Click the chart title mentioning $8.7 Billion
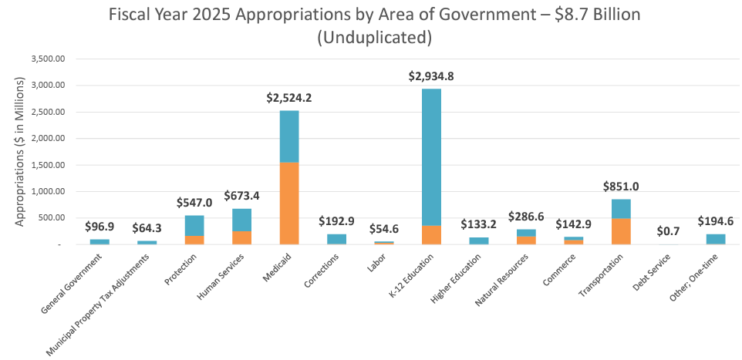coord(374,25)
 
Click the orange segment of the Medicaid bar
coord(289,204)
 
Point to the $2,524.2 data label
coord(289,98)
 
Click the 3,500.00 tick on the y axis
coord(48,59)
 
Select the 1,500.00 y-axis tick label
coord(48,165)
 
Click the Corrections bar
coord(336,239)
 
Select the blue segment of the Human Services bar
coord(242,220)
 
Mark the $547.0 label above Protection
coord(194,202)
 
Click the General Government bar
coord(99,241)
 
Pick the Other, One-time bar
coord(716,239)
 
